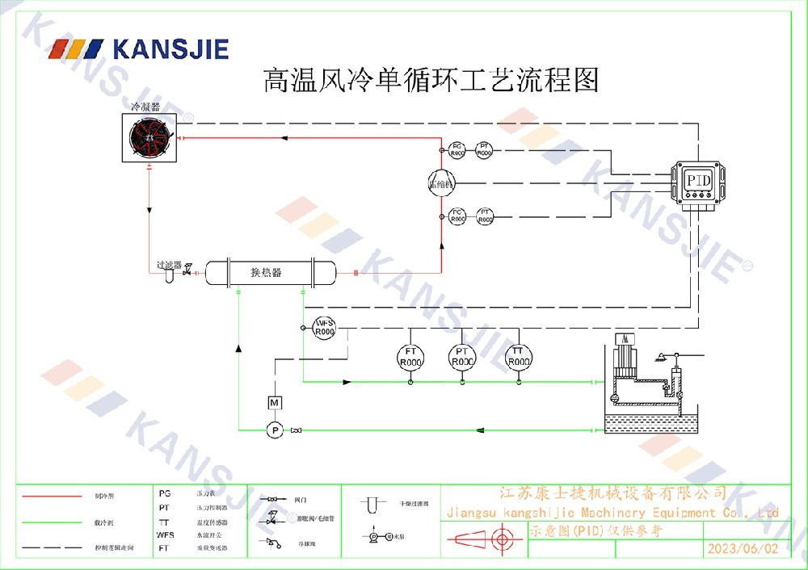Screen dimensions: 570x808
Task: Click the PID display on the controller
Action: tap(698, 180)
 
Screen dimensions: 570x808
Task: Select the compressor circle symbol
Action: tap(442, 182)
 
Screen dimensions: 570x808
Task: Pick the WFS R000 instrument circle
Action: tap(324, 327)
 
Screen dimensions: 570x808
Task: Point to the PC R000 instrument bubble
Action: tap(457, 215)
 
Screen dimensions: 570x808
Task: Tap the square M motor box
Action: tap(275, 402)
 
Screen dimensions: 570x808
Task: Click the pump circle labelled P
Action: tap(275, 430)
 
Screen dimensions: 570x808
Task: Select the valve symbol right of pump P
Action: tap(297, 430)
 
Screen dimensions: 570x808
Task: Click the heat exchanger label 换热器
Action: tap(266, 272)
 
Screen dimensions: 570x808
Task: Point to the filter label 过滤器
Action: tap(169, 265)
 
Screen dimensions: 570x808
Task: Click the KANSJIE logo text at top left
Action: tap(170, 49)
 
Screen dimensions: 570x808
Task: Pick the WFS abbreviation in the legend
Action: tap(165, 534)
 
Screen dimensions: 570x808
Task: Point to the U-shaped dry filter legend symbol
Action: tap(372, 505)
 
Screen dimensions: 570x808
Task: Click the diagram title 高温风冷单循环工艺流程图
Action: tap(431, 80)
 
